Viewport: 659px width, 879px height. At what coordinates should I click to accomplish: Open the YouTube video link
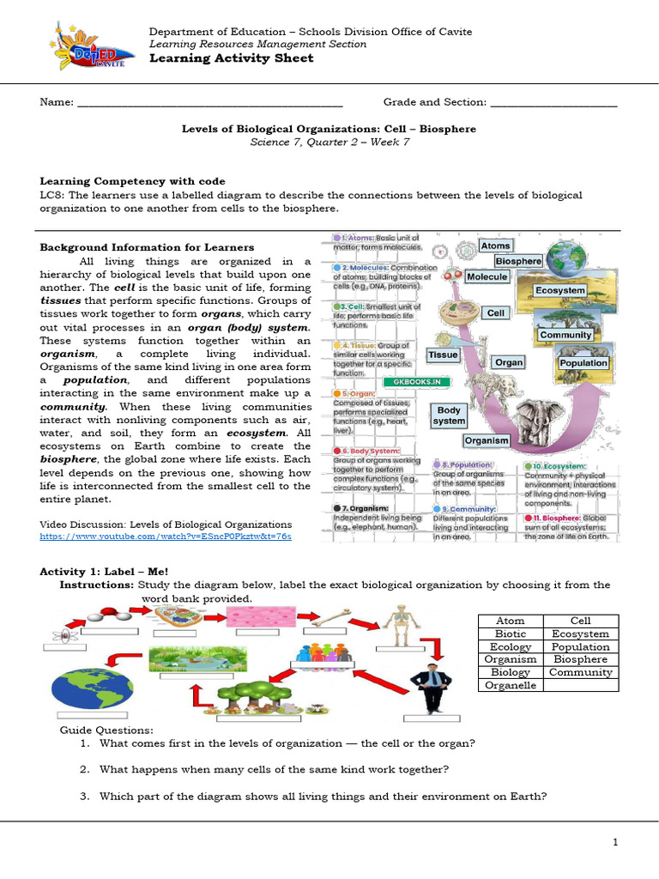tap(166, 536)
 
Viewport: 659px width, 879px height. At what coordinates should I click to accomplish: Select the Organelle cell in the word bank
tap(511, 685)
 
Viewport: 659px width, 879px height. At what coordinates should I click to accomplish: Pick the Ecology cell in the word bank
tap(511, 646)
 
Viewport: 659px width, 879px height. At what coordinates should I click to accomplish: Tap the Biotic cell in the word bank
tap(511, 633)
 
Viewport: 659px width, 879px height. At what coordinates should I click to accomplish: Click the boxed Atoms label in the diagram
tap(495, 246)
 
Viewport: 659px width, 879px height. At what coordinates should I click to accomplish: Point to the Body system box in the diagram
tap(450, 415)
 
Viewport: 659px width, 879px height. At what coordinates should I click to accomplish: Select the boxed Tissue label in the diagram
tap(443, 355)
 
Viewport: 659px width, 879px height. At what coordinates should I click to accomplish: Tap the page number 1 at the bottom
tap(616, 843)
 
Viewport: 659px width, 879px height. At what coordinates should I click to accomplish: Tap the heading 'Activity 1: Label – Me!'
tap(105, 571)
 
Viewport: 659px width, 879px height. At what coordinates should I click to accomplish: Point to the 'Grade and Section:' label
tap(434, 102)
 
